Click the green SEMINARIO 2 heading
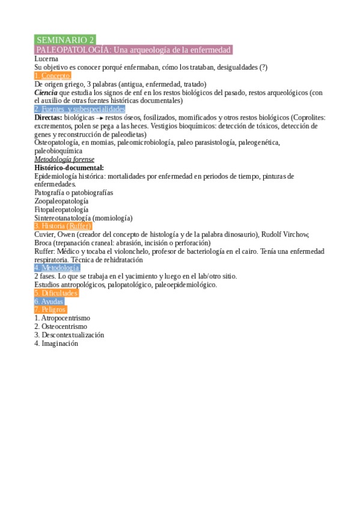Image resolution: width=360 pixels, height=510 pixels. (x=65, y=40)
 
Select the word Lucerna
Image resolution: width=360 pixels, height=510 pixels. (x=46, y=59)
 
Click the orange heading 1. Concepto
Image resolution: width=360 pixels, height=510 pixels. (x=53, y=76)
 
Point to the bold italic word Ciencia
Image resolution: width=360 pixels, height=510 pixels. (x=46, y=93)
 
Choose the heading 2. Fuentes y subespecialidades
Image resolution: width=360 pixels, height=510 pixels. (x=79, y=109)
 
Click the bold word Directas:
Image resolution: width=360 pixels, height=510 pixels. (x=48, y=118)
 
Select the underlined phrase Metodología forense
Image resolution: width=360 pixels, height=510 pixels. (x=64, y=159)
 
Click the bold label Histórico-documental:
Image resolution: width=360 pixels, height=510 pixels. (x=69, y=168)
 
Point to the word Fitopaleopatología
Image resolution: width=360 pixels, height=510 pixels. (x=61, y=209)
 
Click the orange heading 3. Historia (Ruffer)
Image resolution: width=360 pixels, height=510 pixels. (x=63, y=226)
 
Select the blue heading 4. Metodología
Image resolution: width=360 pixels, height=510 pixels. (x=57, y=268)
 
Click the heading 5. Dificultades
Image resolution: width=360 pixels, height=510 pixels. (x=56, y=293)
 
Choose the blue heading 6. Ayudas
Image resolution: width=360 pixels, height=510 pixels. (x=49, y=301)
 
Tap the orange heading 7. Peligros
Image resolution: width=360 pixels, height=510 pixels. (x=50, y=309)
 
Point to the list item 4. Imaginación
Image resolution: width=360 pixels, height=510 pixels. (x=56, y=343)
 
